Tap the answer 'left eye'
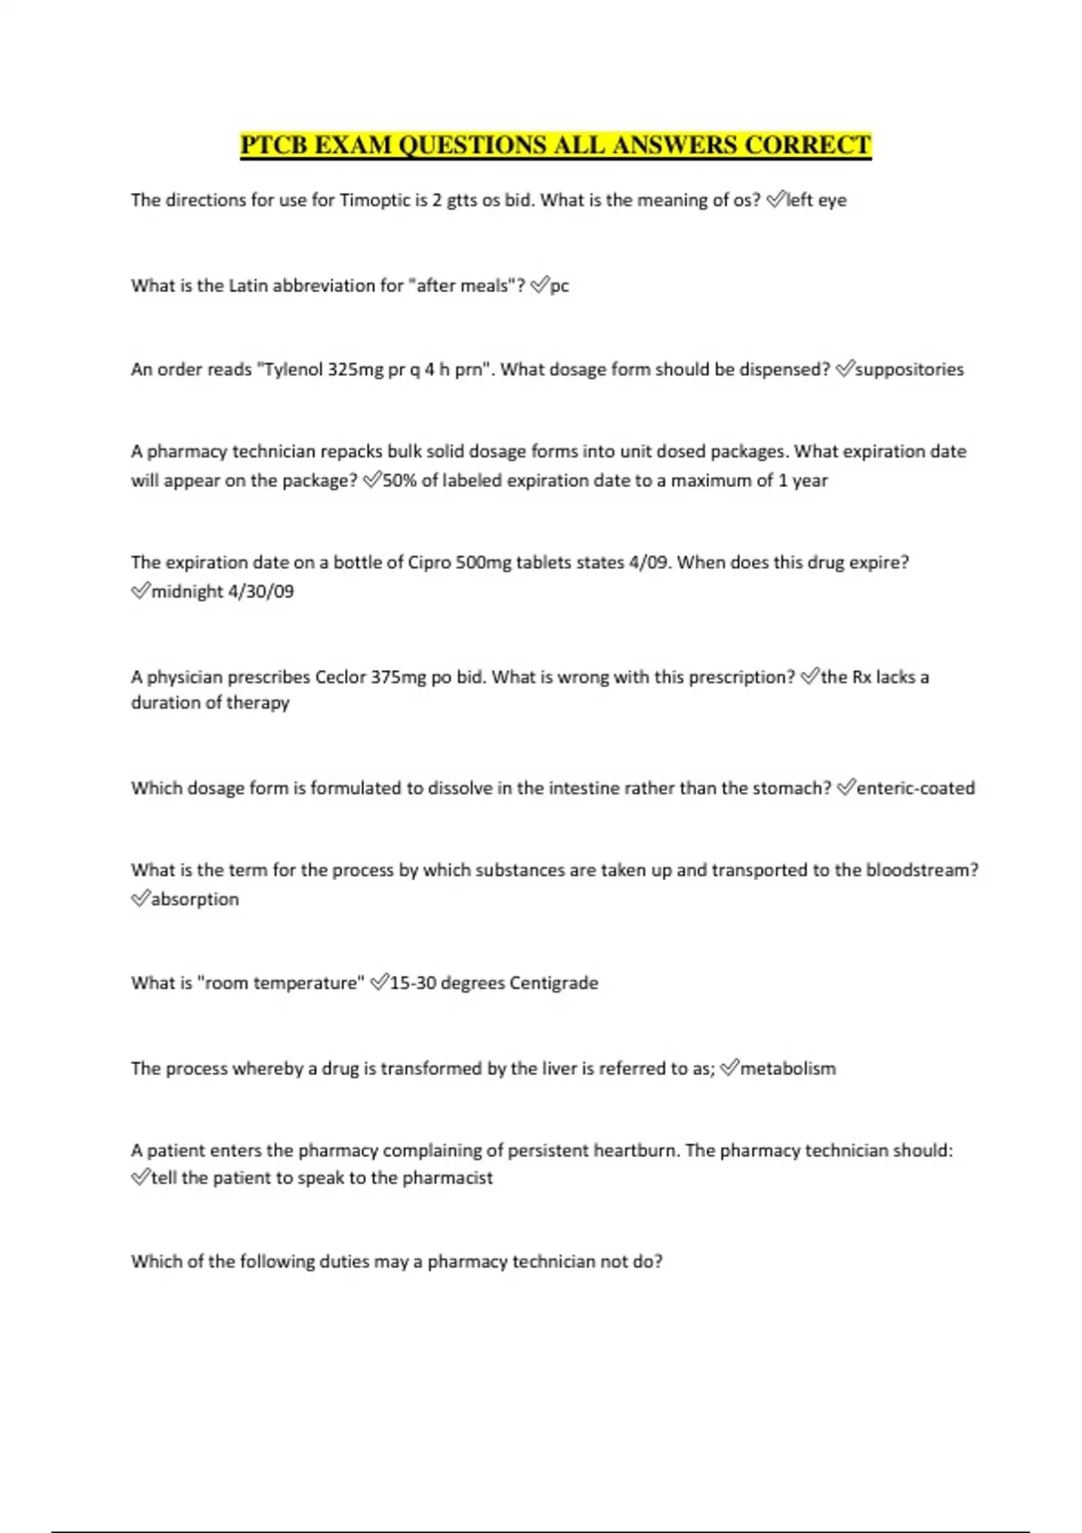816,200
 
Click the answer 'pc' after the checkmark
560,286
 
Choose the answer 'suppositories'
909,370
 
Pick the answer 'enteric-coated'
915,788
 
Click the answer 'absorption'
195,899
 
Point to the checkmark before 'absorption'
140,898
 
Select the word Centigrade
554,983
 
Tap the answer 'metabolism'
788,1069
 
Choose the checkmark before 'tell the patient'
140,1177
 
